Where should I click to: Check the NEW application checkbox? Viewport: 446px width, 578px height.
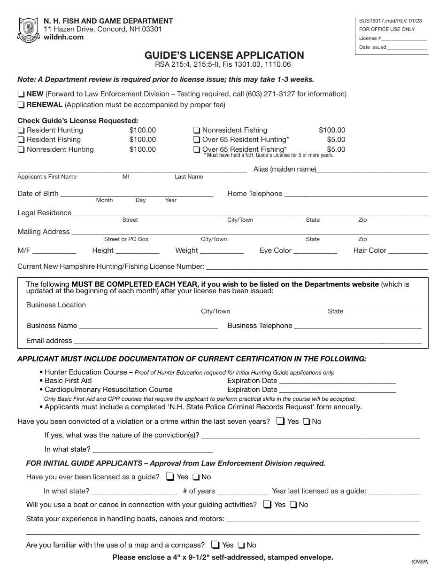21,94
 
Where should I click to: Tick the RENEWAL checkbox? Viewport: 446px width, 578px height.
21,105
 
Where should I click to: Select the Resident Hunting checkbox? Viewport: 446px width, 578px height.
21,131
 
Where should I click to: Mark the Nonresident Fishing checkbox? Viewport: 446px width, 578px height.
197,131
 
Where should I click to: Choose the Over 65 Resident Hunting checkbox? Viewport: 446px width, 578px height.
197,140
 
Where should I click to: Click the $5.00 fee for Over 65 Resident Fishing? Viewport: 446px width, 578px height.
336,149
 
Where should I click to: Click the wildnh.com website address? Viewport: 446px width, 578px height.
63,37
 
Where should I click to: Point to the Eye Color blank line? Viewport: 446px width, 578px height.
315,251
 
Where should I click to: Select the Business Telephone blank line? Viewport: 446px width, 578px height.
358,326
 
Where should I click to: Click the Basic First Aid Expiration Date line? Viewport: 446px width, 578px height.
337,381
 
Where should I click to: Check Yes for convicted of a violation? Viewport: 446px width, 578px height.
281,422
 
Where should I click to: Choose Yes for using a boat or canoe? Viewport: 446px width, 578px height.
268,505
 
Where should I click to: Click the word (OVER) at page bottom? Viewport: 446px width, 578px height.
419,562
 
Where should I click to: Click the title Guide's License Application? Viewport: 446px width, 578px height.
224,55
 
